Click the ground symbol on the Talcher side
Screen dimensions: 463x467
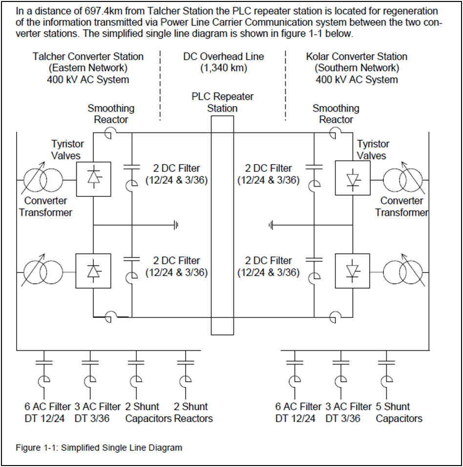point(176,225)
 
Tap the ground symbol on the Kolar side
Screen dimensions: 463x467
point(271,225)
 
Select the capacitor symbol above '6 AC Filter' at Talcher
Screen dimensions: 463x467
point(44,362)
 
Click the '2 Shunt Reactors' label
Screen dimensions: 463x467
point(193,412)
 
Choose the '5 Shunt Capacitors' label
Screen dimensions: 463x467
point(399,412)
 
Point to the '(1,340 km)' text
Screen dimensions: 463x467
point(224,68)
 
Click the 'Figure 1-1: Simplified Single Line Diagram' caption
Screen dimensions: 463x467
point(99,447)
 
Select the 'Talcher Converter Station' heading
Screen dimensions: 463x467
point(88,56)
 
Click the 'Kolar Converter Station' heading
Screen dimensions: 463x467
point(357,56)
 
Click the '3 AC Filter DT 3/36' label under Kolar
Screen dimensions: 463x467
point(348,412)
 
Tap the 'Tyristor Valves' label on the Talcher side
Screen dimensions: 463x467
point(67,149)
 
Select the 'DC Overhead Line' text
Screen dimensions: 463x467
point(224,56)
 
